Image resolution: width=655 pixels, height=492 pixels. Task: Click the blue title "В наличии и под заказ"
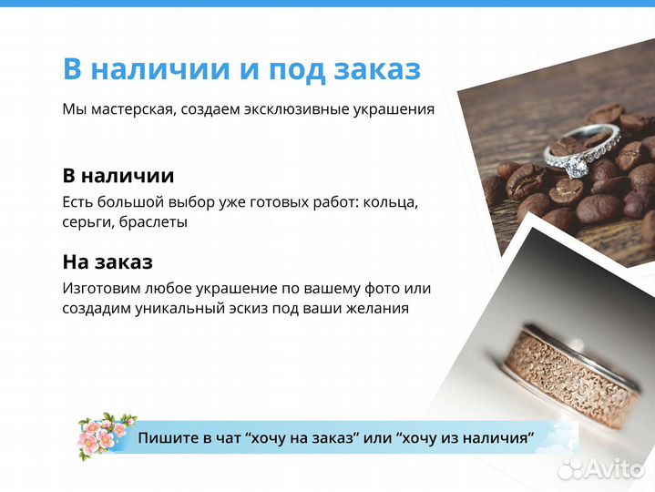pyautogui.click(x=241, y=69)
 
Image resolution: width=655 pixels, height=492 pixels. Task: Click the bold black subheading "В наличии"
pyautogui.click(x=118, y=176)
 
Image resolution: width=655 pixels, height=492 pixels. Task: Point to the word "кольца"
pyautogui.click(x=390, y=201)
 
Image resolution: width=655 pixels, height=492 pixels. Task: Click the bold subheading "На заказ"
pyautogui.click(x=107, y=262)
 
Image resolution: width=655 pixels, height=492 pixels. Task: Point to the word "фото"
pyautogui.click(x=380, y=288)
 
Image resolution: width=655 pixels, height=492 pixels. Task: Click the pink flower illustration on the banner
pyautogui.click(x=101, y=435)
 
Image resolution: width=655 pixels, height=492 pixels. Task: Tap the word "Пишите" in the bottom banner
pyautogui.click(x=166, y=438)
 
